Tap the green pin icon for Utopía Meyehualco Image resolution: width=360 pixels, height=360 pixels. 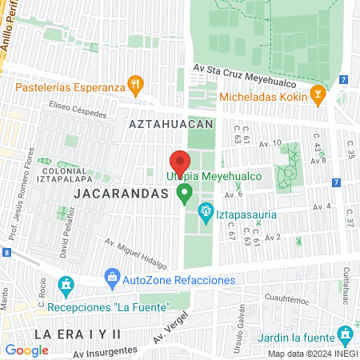(x=185, y=193)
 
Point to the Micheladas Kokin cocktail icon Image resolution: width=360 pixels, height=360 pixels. (x=318, y=94)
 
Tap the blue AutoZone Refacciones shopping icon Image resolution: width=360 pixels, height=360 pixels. (x=112, y=280)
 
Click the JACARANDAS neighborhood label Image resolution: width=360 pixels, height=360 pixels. (x=122, y=194)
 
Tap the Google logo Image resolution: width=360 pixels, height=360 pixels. (x=27, y=350)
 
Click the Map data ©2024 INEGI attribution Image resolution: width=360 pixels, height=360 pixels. (x=312, y=354)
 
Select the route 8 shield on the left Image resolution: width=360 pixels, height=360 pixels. (x=6, y=252)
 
